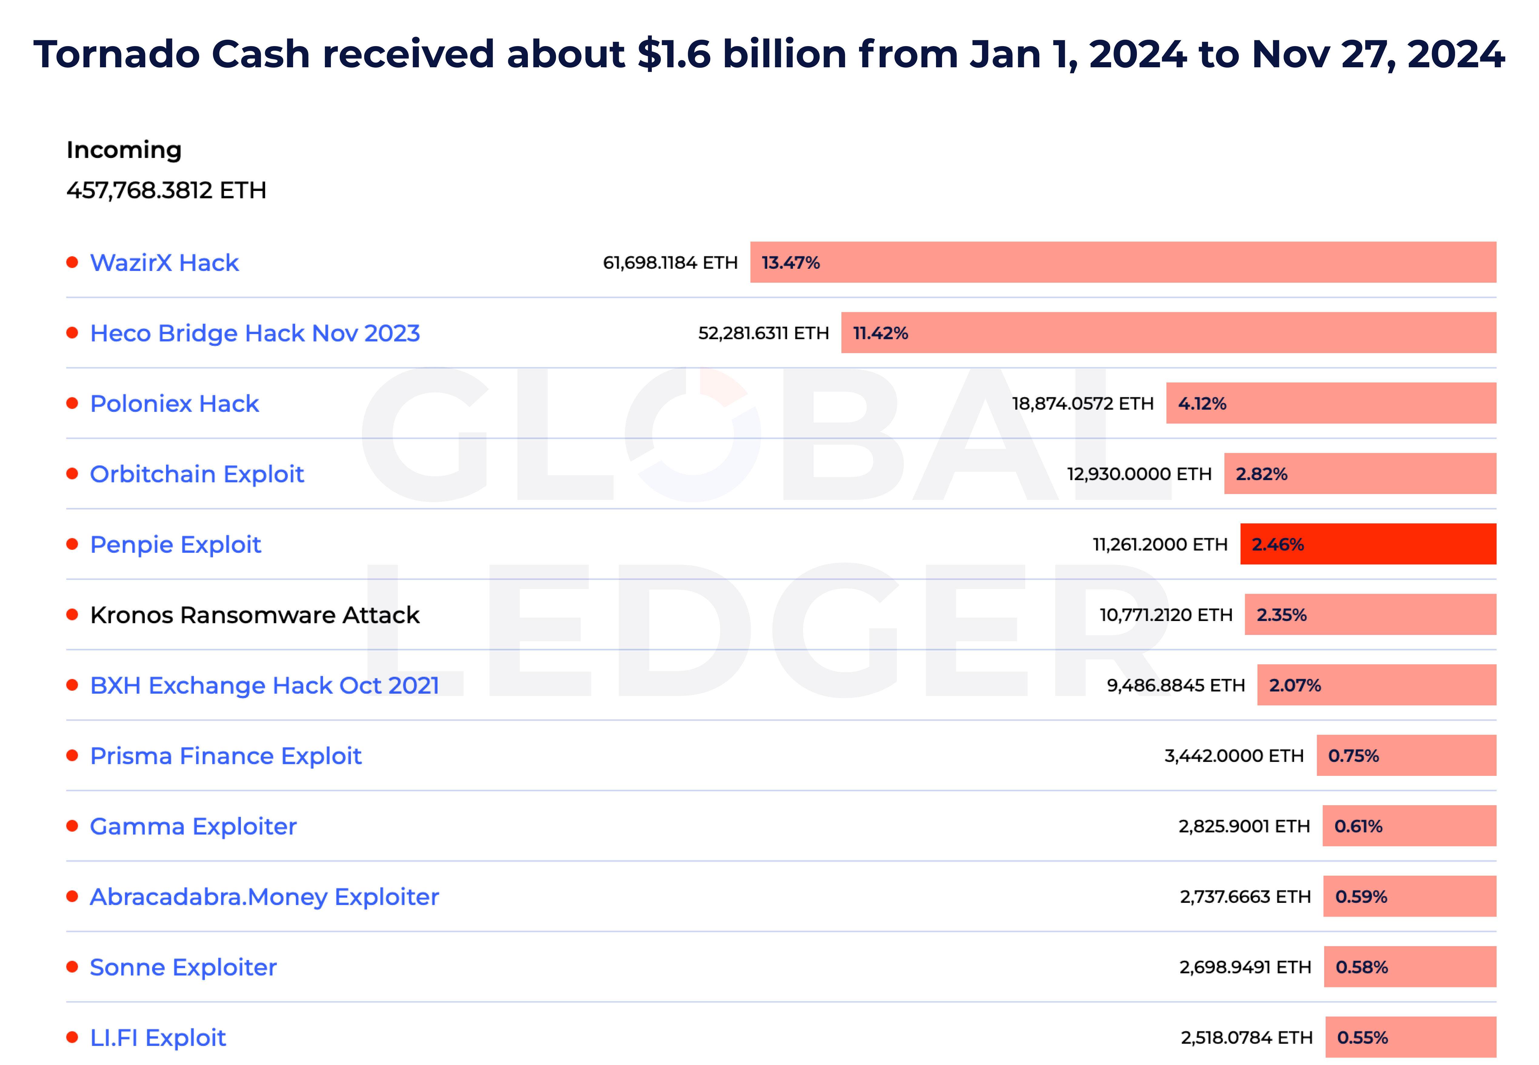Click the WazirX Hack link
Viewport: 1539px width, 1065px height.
[x=164, y=263]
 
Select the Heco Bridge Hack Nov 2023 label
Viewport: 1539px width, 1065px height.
[x=255, y=333]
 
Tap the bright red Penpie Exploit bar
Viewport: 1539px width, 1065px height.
[x=1367, y=545]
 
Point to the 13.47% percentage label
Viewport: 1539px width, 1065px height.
[x=791, y=263]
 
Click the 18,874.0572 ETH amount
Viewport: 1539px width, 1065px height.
[x=1082, y=404]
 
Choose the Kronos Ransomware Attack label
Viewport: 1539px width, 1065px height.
[x=255, y=615]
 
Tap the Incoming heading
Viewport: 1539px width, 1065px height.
[x=124, y=150]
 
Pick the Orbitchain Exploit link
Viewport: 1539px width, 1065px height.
[x=197, y=474]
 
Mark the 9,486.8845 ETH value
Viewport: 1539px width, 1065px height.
[x=1175, y=685]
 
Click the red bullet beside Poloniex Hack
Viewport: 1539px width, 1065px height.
[x=72, y=403]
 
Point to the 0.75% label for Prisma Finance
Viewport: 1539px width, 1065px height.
[x=1353, y=756]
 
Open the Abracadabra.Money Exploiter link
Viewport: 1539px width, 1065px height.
[x=264, y=897]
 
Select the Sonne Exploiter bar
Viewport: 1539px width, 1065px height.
[x=1410, y=967]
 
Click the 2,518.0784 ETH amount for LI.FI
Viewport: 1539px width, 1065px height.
[x=1246, y=1038]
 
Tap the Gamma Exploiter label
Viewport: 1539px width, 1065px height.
[x=193, y=826]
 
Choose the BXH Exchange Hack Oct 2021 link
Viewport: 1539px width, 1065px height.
[x=264, y=685]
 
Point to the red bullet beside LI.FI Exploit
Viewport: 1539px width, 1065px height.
[x=72, y=1037]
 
